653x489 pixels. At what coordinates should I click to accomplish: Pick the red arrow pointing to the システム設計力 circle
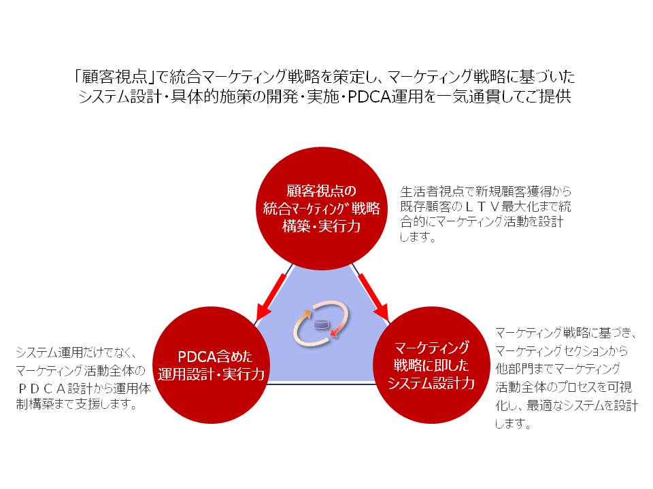373,296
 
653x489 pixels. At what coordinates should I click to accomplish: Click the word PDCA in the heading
365,96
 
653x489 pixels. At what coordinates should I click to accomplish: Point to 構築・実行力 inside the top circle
322,227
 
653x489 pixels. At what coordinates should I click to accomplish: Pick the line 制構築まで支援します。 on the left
76,405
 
